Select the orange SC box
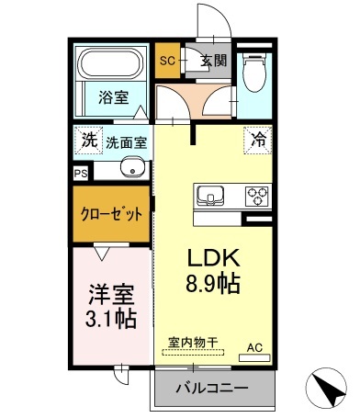pyautogui.click(x=167, y=62)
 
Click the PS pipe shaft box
pyautogui.click(x=81, y=172)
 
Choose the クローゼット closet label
pyautogui.click(x=112, y=214)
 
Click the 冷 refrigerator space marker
pyautogui.click(x=259, y=141)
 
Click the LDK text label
pyautogui.click(x=214, y=258)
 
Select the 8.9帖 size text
pyautogui.click(x=214, y=284)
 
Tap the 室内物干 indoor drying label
pyautogui.click(x=192, y=343)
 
